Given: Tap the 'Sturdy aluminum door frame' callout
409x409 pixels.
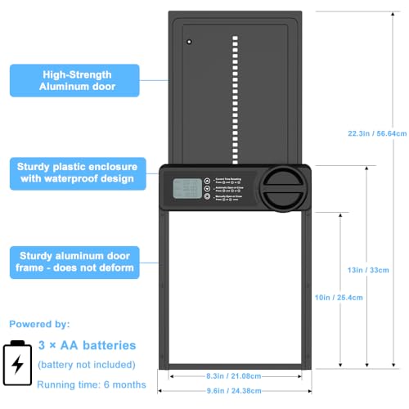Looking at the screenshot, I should [80, 261].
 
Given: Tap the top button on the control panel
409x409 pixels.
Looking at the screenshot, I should [207, 181].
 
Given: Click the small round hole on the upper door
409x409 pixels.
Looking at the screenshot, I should [188, 42].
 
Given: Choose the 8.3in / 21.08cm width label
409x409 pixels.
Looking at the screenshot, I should [236, 377].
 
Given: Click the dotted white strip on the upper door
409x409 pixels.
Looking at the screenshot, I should [235, 98].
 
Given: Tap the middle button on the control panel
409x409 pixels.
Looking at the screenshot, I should [207, 190].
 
